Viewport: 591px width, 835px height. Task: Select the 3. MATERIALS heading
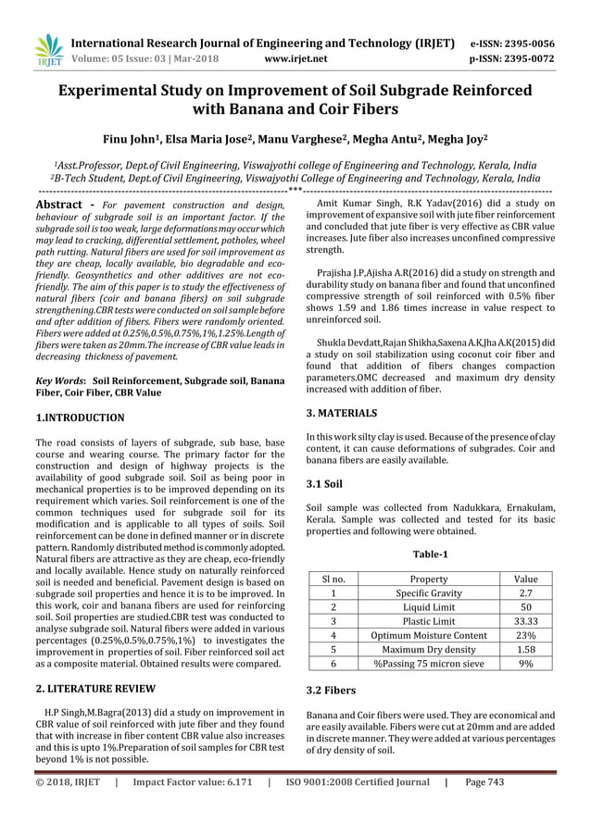pyautogui.click(x=341, y=413)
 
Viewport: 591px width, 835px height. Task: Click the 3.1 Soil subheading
pyautogui.click(x=324, y=483)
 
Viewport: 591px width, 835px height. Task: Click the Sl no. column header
pyautogui.click(x=333, y=579)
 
